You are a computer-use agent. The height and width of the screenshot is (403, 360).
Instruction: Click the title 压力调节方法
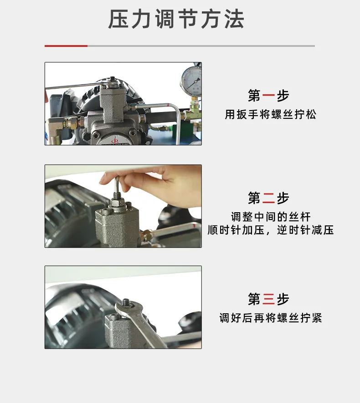click(x=176, y=19)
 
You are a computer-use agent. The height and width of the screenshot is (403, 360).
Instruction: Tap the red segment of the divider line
click(x=66, y=46)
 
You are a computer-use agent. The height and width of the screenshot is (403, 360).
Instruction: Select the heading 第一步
click(x=268, y=95)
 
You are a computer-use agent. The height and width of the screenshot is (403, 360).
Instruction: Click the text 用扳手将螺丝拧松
click(x=271, y=114)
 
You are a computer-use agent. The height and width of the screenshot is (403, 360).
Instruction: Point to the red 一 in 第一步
click(x=268, y=95)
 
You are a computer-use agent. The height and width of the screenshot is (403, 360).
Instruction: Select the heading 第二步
click(x=268, y=198)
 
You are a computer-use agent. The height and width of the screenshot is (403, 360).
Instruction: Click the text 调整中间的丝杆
click(x=271, y=217)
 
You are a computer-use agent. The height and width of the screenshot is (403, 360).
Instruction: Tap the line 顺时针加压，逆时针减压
click(x=271, y=230)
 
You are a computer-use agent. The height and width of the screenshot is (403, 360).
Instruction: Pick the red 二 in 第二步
click(x=268, y=198)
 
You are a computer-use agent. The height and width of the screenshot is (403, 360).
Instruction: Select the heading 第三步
click(x=268, y=299)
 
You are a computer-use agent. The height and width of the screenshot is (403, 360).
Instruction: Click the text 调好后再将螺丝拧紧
click(x=271, y=318)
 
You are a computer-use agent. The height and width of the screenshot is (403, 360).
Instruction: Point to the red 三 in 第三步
click(x=268, y=299)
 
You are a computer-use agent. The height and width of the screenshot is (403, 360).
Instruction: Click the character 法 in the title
click(x=234, y=19)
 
